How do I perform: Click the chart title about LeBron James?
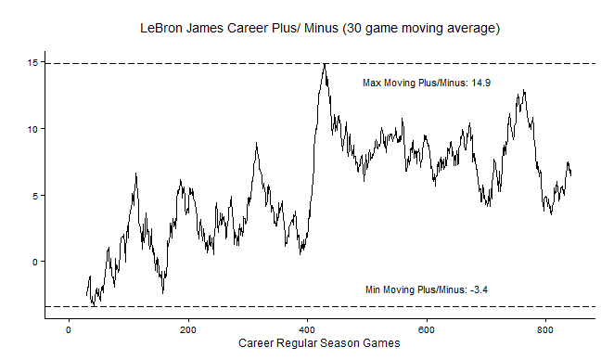pyautogui.click(x=320, y=29)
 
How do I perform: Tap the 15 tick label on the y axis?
pyautogui.click(x=32, y=63)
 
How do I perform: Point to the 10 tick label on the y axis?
pyautogui.click(x=32, y=129)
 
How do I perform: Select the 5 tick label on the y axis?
pyautogui.click(x=35, y=196)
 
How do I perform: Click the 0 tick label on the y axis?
pyautogui.click(x=35, y=262)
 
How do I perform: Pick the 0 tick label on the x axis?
pyautogui.click(x=69, y=329)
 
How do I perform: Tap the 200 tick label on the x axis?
pyautogui.click(x=188, y=329)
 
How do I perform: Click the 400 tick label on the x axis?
pyautogui.click(x=307, y=329)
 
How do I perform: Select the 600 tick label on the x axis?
pyautogui.click(x=426, y=329)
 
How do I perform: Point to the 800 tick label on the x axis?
pyautogui.click(x=545, y=329)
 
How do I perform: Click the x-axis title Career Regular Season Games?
pyautogui.click(x=319, y=343)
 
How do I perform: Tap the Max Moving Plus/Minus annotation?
pyautogui.click(x=427, y=84)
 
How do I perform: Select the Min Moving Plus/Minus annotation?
pyautogui.click(x=427, y=289)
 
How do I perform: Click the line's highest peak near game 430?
pyautogui.click(x=325, y=63)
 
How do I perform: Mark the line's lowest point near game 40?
pyautogui.click(x=94, y=305)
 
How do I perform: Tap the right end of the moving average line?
pyautogui.click(x=571, y=175)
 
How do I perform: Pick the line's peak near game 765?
pyautogui.click(x=524, y=90)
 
